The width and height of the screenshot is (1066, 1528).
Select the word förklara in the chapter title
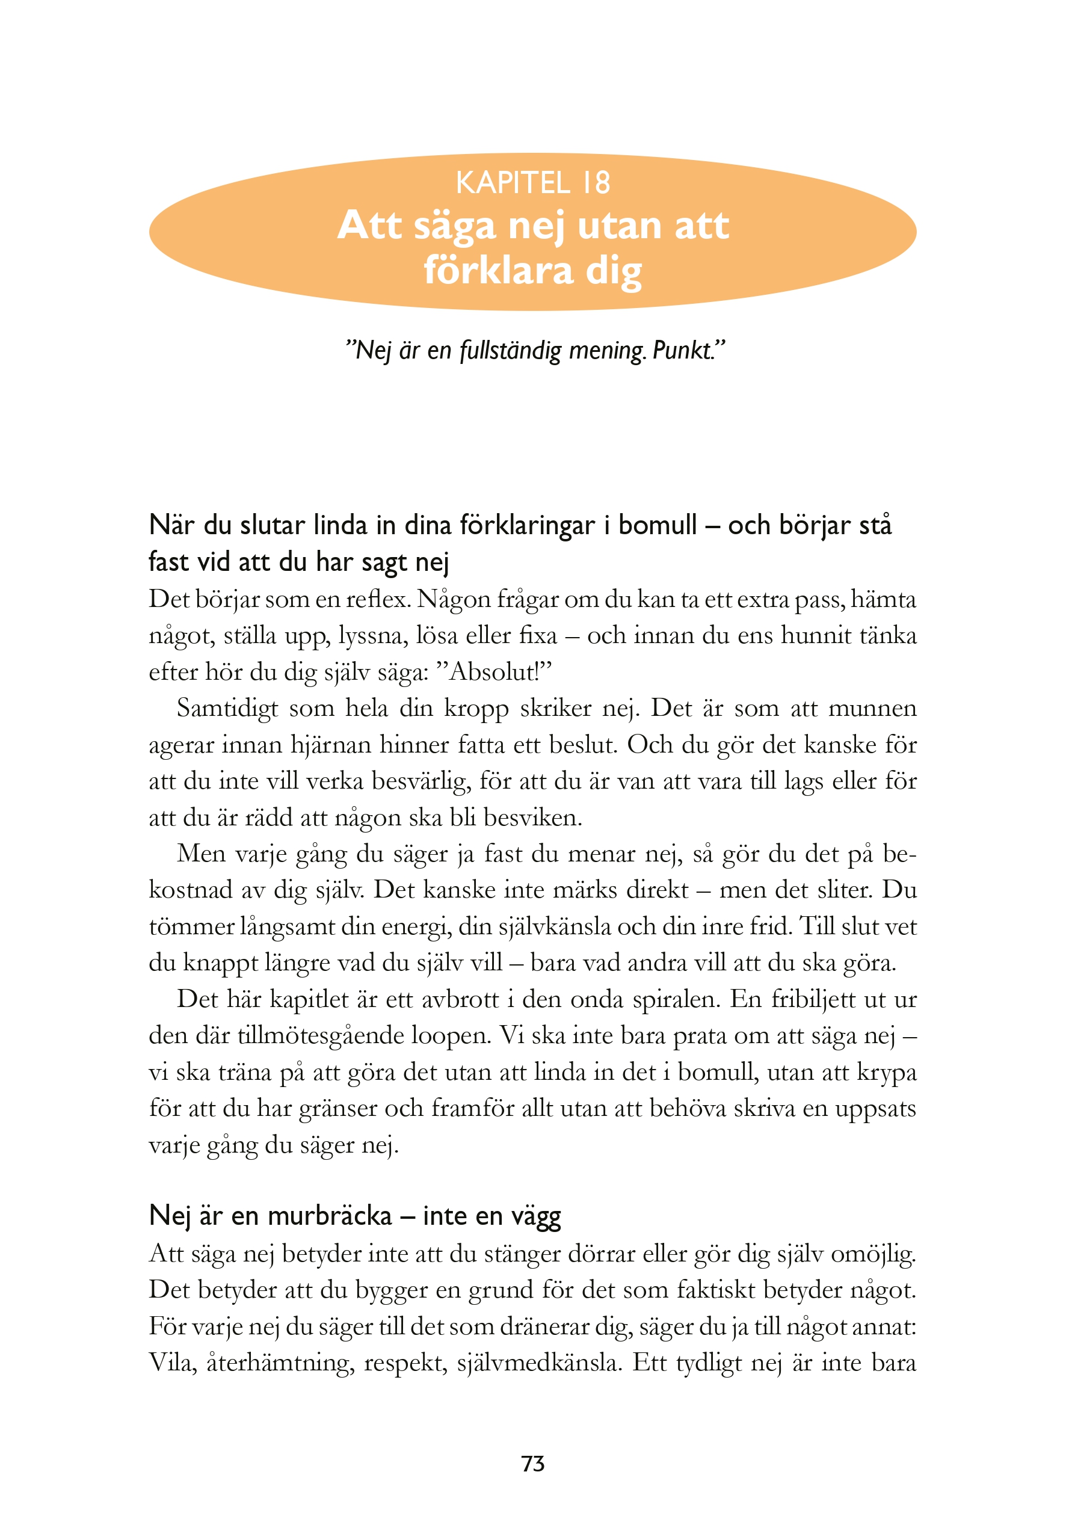pyautogui.click(x=498, y=270)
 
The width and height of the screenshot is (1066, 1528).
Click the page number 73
pyautogui.click(x=533, y=1464)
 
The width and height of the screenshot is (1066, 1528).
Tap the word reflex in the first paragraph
pyautogui.click(x=377, y=599)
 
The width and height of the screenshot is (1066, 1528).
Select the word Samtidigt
pyautogui.click(x=227, y=708)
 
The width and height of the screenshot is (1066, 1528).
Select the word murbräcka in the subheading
pyautogui.click(x=330, y=1215)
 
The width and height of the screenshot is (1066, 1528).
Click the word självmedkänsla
pyautogui.click(x=539, y=1363)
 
